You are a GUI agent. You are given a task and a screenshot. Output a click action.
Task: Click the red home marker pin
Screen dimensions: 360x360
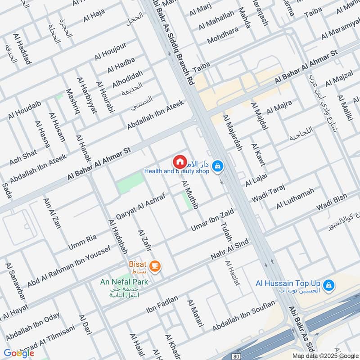[179, 162]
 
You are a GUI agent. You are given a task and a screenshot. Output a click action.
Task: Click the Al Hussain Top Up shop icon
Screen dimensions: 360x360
[329, 284]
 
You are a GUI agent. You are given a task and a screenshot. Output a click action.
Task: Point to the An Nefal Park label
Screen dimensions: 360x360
[124, 281]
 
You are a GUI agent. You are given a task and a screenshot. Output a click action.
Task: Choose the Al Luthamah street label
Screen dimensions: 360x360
[295, 199]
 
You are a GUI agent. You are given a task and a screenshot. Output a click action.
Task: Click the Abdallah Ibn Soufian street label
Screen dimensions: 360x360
[243, 316]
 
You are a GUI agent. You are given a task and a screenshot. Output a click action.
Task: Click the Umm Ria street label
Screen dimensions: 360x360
[83, 241]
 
